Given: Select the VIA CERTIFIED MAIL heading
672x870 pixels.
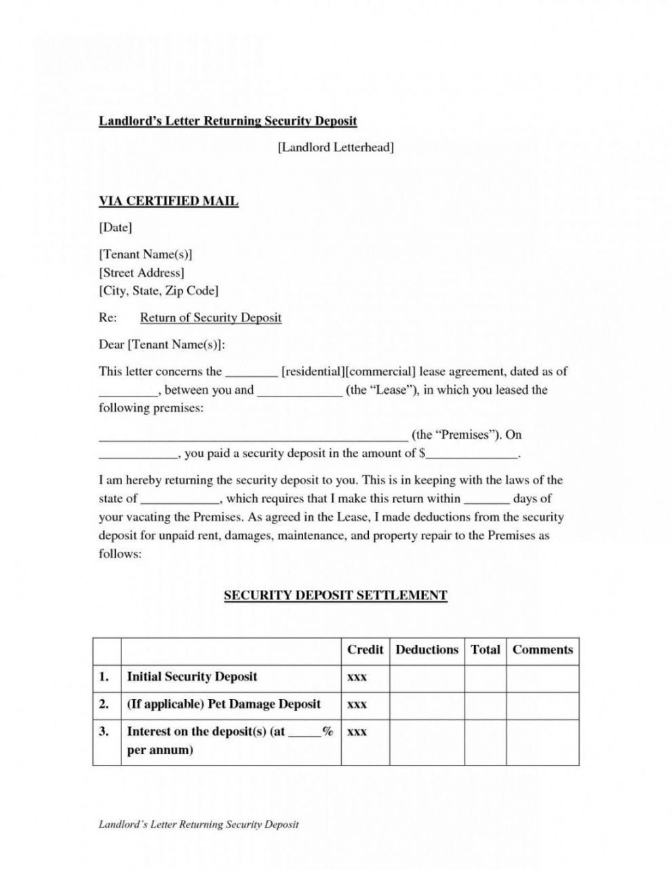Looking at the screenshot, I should [168, 201].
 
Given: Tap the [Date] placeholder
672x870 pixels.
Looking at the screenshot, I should [115, 228].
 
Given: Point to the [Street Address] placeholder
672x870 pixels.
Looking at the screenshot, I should [142, 273].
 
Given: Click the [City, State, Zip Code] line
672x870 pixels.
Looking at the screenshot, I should [159, 291].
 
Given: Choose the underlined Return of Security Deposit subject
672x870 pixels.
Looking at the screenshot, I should [210, 317].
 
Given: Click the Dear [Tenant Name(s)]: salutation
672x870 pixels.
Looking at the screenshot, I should [161, 344].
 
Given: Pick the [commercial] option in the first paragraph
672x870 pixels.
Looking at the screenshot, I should [381, 372].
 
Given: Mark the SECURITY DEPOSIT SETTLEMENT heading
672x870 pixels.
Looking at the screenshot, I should [336, 596].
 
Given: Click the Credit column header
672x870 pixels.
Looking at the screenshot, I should [365, 650].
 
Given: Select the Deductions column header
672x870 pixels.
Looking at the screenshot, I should [427, 650].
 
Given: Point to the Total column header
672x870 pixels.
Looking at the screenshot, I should [485, 650].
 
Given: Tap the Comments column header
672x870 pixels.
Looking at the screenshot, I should [542, 650].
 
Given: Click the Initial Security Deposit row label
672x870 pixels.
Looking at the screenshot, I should [192, 677].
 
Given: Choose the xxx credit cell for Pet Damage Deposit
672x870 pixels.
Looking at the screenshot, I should [357, 705].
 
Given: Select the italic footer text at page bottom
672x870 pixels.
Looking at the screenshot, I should [199, 825].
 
